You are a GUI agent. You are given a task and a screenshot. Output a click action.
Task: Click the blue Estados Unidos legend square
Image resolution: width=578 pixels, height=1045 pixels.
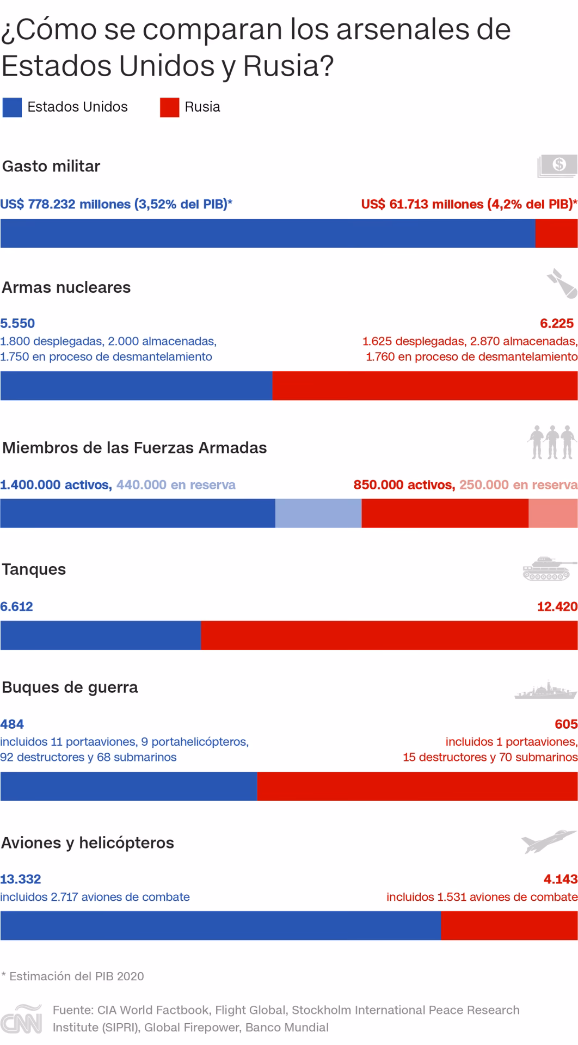click(x=12, y=107)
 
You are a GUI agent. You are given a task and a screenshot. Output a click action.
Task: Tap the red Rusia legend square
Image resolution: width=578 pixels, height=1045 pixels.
click(x=169, y=107)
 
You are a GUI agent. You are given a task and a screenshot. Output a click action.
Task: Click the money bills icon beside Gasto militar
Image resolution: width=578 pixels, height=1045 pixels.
click(x=557, y=165)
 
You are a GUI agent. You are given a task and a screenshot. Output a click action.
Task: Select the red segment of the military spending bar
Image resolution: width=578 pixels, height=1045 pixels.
click(x=556, y=233)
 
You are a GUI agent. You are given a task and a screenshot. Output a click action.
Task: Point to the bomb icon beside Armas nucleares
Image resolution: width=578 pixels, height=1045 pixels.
click(x=562, y=283)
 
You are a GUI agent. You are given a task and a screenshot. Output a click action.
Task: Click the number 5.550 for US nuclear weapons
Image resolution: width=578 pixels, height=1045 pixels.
click(x=17, y=323)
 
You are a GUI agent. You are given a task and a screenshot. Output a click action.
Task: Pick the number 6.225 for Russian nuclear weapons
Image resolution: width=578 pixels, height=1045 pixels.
click(x=557, y=323)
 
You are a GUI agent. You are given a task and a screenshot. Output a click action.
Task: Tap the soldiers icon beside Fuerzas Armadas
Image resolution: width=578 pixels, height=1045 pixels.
click(x=552, y=442)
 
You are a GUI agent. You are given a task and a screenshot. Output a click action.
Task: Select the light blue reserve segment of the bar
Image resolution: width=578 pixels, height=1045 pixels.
click(x=318, y=513)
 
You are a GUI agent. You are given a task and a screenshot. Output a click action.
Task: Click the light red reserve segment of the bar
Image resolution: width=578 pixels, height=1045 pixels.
click(x=553, y=513)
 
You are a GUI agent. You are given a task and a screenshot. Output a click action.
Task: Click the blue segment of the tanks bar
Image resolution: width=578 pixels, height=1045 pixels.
click(x=101, y=635)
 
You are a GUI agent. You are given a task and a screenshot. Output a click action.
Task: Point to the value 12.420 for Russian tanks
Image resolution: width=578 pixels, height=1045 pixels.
click(x=557, y=606)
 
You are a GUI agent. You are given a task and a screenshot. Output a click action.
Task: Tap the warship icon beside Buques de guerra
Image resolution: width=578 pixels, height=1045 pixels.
click(x=545, y=690)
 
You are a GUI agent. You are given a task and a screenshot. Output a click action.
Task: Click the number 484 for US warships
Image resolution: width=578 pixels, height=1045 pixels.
click(x=12, y=724)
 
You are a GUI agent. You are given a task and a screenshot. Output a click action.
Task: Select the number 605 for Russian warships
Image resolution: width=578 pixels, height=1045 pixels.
click(x=566, y=724)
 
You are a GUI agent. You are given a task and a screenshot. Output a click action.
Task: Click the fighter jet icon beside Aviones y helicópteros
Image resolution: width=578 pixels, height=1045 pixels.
click(x=548, y=841)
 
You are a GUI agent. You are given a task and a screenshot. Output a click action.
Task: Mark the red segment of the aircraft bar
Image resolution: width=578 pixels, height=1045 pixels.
click(x=509, y=926)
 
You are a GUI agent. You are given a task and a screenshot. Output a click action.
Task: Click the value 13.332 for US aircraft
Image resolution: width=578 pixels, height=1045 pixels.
click(x=21, y=879)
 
